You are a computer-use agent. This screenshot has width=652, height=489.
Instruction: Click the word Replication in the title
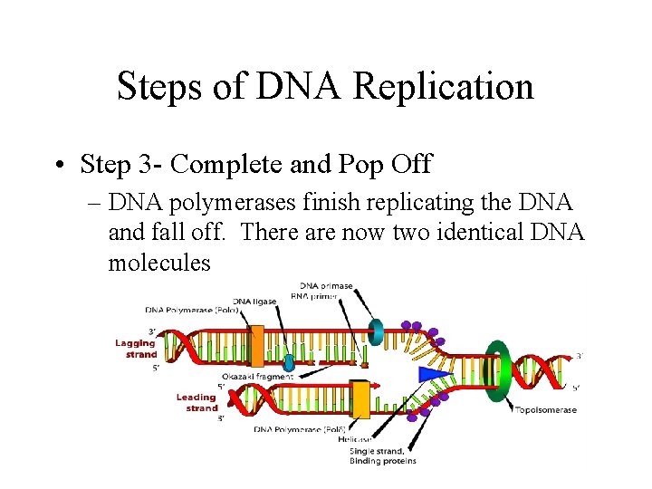[444, 87]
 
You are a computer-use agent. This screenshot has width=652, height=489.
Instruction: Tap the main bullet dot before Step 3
[57, 166]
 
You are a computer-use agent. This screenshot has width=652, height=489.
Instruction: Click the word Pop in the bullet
[362, 165]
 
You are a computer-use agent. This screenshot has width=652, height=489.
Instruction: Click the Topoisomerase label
[546, 410]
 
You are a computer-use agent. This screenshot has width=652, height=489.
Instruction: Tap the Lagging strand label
[136, 349]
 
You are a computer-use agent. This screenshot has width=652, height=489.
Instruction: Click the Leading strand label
[198, 402]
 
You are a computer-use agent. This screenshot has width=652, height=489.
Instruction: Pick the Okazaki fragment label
[258, 376]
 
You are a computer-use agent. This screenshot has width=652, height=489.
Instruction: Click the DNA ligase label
[254, 302]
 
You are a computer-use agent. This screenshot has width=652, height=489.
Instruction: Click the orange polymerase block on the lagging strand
[257, 346]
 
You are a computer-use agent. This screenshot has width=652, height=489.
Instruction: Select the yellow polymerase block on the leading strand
[360, 399]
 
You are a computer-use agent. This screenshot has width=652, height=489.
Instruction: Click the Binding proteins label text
[382, 461]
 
